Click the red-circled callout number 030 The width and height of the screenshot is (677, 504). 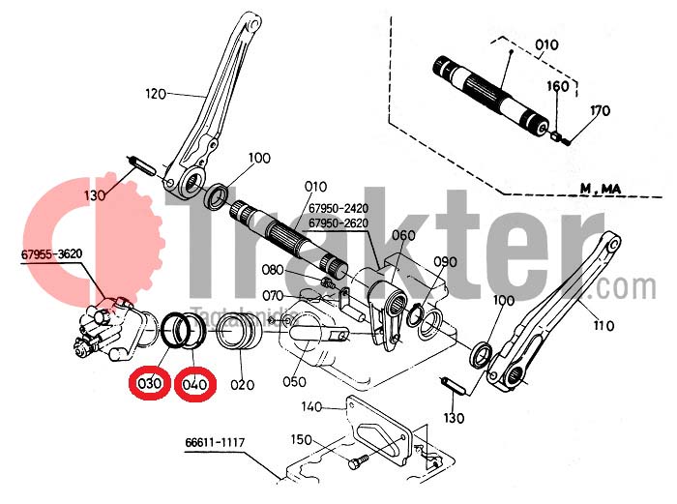[x=149, y=384]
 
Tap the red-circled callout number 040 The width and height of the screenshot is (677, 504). [x=195, y=384]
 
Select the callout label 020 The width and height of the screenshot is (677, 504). [x=242, y=384]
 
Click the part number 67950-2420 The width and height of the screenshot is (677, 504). [x=341, y=207]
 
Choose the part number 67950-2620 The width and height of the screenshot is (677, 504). [x=341, y=223]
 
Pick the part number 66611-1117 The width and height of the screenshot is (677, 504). [x=215, y=444]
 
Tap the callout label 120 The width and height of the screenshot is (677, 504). [x=157, y=94]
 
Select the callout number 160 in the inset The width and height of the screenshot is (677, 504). [x=558, y=86]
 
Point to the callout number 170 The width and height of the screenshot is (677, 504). [x=600, y=111]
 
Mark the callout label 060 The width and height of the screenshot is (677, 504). [x=403, y=235]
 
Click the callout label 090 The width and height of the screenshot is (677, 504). [x=445, y=262]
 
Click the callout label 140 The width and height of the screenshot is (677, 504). [x=311, y=406]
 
